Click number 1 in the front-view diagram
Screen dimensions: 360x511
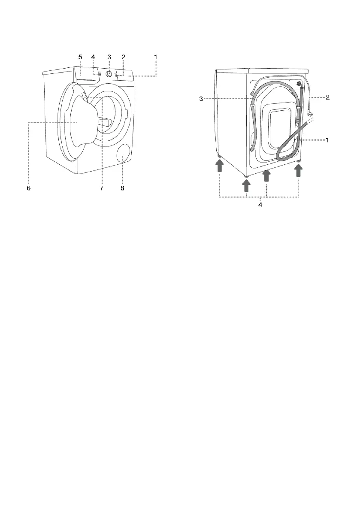coord(156,57)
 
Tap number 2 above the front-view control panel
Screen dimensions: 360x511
coord(123,57)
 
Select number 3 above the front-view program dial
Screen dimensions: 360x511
coord(109,57)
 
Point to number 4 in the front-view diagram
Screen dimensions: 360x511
coord(93,57)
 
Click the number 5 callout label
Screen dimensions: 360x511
coord(80,57)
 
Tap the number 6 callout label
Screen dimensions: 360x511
coord(29,188)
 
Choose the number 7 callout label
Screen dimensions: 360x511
coord(102,188)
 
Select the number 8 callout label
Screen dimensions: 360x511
coord(122,188)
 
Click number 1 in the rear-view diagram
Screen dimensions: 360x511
coord(327,140)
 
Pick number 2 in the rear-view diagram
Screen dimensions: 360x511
coord(328,97)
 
